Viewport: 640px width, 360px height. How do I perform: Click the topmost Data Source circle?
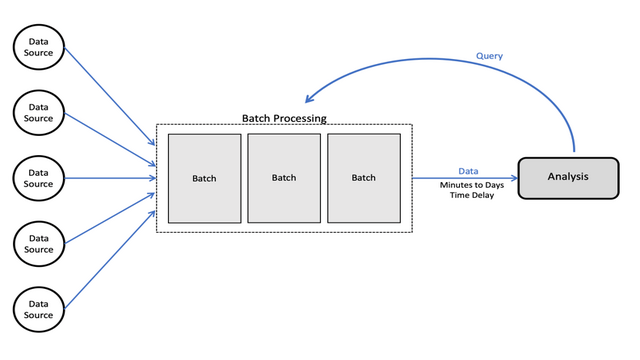pyautogui.click(x=38, y=45)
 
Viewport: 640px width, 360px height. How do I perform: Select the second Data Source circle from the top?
pyautogui.click(x=38, y=111)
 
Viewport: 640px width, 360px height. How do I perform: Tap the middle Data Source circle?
pyautogui.click(x=38, y=178)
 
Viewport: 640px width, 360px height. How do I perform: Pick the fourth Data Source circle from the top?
pyautogui.click(x=38, y=244)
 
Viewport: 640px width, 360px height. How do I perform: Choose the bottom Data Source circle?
pyautogui.click(x=38, y=309)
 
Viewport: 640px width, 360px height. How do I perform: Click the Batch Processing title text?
pyautogui.click(x=284, y=118)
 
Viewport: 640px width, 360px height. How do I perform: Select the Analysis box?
pyautogui.click(x=568, y=177)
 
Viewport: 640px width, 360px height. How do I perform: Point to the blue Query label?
pyautogui.click(x=489, y=57)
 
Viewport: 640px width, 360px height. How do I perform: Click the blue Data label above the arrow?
pyautogui.click(x=468, y=171)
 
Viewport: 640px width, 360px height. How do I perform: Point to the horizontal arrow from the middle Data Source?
pyautogui.click(x=110, y=178)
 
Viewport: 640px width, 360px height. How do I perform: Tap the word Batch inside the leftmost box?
pyautogui.click(x=204, y=179)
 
